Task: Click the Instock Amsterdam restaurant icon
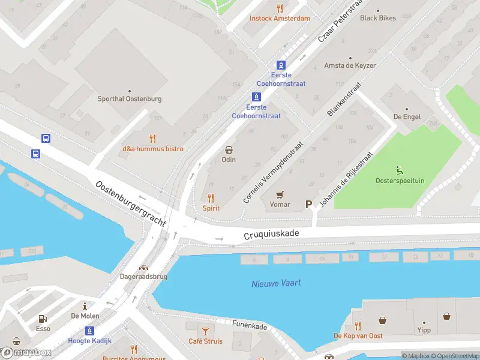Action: (x=280, y=8)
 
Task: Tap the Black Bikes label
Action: (x=378, y=18)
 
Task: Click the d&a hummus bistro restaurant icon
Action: (x=153, y=139)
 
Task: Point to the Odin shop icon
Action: (x=229, y=149)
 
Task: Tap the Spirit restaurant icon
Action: (x=211, y=197)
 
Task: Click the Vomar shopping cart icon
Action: (x=280, y=194)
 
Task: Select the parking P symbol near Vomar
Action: (x=309, y=204)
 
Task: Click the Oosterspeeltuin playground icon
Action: (x=399, y=170)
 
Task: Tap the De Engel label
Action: (x=406, y=116)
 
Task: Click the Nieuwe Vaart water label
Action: (x=276, y=283)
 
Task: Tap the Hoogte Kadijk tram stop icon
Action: (x=89, y=330)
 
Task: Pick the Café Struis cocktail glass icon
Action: (x=205, y=331)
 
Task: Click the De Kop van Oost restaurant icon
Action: (x=358, y=326)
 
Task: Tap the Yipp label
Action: (x=424, y=330)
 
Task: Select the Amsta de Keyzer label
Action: (x=350, y=65)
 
